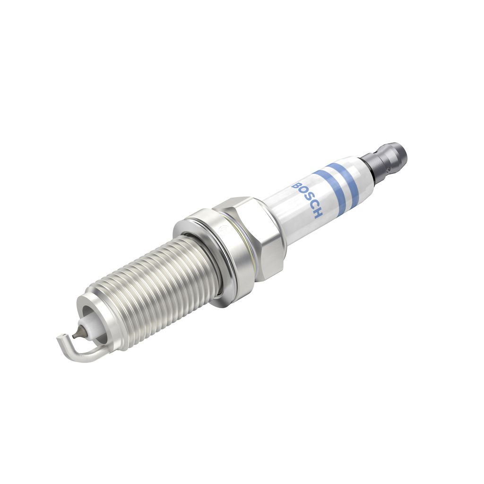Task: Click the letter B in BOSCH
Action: pos(296,185)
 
